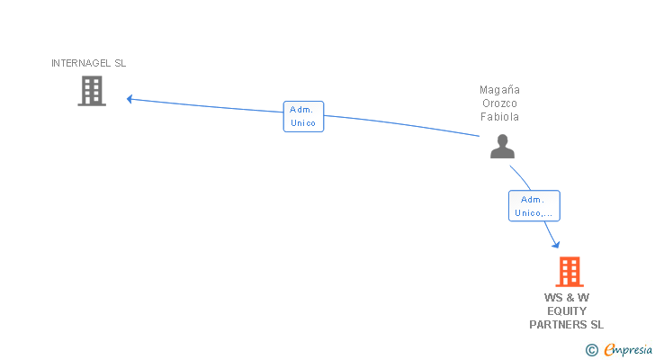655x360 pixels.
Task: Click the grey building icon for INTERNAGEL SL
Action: click(x=92, y=91)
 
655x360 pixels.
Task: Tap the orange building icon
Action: click(x=569, y=271)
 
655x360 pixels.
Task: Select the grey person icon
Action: click(x=502, y=146)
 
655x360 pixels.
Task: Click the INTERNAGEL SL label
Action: click(x=89, y=63)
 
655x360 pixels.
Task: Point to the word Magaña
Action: click(x=500, y=90)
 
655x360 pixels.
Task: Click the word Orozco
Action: click(x=500, y=103)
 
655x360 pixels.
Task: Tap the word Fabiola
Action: click(x=500, y=117)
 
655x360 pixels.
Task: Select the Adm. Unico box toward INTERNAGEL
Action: click(x=303, y=116)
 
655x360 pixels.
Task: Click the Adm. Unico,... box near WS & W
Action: click(x=534, y=206)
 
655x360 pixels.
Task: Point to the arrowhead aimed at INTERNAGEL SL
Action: click(x=130, y=98)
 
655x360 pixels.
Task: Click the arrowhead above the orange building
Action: click(x=556, y=244)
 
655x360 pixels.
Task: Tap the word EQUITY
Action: click(x=567, y=310)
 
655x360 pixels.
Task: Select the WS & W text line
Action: click(x=567, y=297)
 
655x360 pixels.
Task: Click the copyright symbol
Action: click(x=591, y=350)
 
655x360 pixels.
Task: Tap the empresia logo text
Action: click(x=627, y=350)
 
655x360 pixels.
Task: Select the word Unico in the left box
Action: click(x=303, y=123)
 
